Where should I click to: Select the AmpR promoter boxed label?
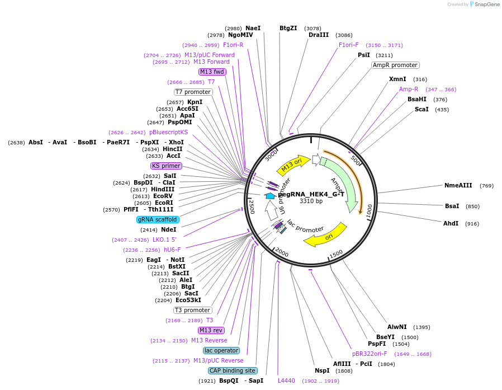[395, 65]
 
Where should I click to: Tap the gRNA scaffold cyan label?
[158, 219]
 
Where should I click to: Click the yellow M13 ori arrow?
[295, 165]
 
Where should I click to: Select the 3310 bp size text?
[311, 201]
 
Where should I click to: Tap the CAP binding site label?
[233, 370]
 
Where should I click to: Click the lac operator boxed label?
[221, 350]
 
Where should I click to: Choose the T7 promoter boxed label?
[193, 92]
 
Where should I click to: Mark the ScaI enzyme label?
[422, 109]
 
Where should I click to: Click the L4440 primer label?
[286, 380]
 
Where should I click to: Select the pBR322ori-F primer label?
[370, 354]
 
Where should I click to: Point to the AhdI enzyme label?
[451, 223]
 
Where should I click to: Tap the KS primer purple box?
[166, 166]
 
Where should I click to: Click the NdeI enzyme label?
[169, 229]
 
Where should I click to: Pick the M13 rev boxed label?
[211, 330]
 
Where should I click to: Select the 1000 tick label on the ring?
[369, 211]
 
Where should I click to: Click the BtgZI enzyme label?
[288, 28]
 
